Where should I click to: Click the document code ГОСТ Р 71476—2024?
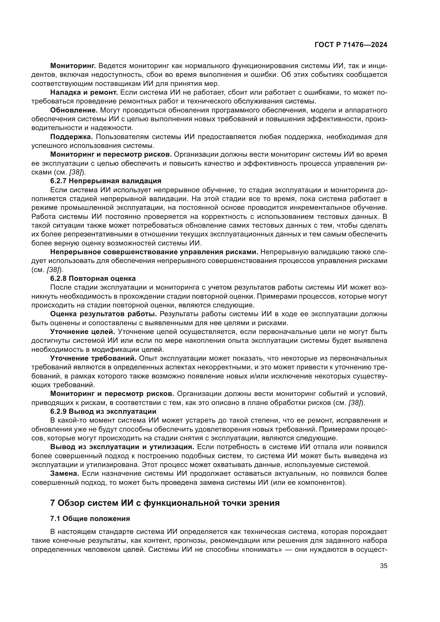(x=351, y=45)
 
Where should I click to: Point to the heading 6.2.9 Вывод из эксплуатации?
(x=103, y=411)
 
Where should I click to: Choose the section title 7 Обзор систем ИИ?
(x=165, y=503)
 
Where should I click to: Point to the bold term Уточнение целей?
(x=83, y=332)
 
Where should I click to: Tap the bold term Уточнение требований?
(x=93, y=358)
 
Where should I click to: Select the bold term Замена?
(x=64, y=474)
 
